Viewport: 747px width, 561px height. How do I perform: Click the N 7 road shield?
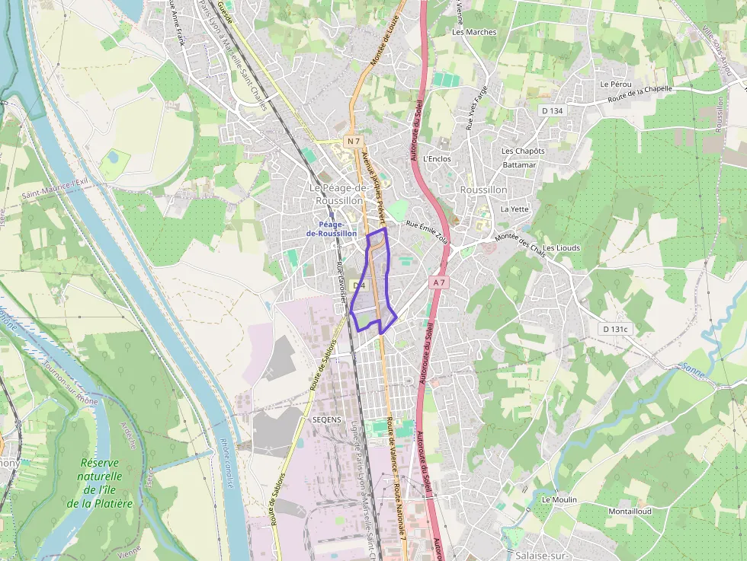pyautogui.click(x=353, y=142)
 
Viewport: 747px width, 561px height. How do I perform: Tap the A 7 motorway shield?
pyautogui.click(x=438, y=282)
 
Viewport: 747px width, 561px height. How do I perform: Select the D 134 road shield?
pyautogui.click(x=552, y=110)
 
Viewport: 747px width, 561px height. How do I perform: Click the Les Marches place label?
pyautogui.click(x=474, y=32)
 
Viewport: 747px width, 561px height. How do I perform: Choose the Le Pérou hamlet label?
pyautogui.click(x=615, y=84)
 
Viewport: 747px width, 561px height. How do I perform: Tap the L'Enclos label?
pyautogui.click(x=437, y=159)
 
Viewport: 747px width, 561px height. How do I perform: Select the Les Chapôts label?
pyautogui.click(x=523, y=151)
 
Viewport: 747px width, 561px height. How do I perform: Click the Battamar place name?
pyautogui.click(x=519, y=164)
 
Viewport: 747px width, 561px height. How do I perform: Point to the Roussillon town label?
pyautogui.click(x=483, y=190)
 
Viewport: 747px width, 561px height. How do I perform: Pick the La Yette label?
pyautogui.click(x=515, y=209)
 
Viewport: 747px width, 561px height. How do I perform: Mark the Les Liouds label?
pyautogui.click(x=562, y=248)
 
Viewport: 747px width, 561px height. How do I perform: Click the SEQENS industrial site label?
pyautogui.click(x=327, y=419)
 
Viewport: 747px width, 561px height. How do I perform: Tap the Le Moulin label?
pyautogui.click(x=559, y=499)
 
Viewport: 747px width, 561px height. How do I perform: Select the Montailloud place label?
pyautogui.click(x=630, y=511)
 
